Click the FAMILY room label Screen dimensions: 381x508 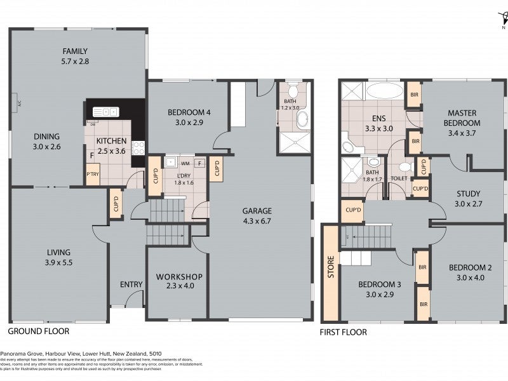pos(75,51)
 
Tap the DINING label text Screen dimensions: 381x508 pos(47,136)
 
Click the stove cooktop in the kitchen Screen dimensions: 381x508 pos(138,147)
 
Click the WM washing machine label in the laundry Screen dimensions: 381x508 pos(185,163)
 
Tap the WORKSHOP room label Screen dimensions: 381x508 pos(178,277)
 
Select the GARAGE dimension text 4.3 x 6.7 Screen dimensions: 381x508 pos(257,222)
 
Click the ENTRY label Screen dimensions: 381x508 pos(131,284)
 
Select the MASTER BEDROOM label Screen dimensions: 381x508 pos(462,117)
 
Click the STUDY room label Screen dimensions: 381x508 pos(467,194)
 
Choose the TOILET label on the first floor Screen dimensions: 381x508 pos(399,178)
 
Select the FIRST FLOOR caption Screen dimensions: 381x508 pos(344,331)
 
